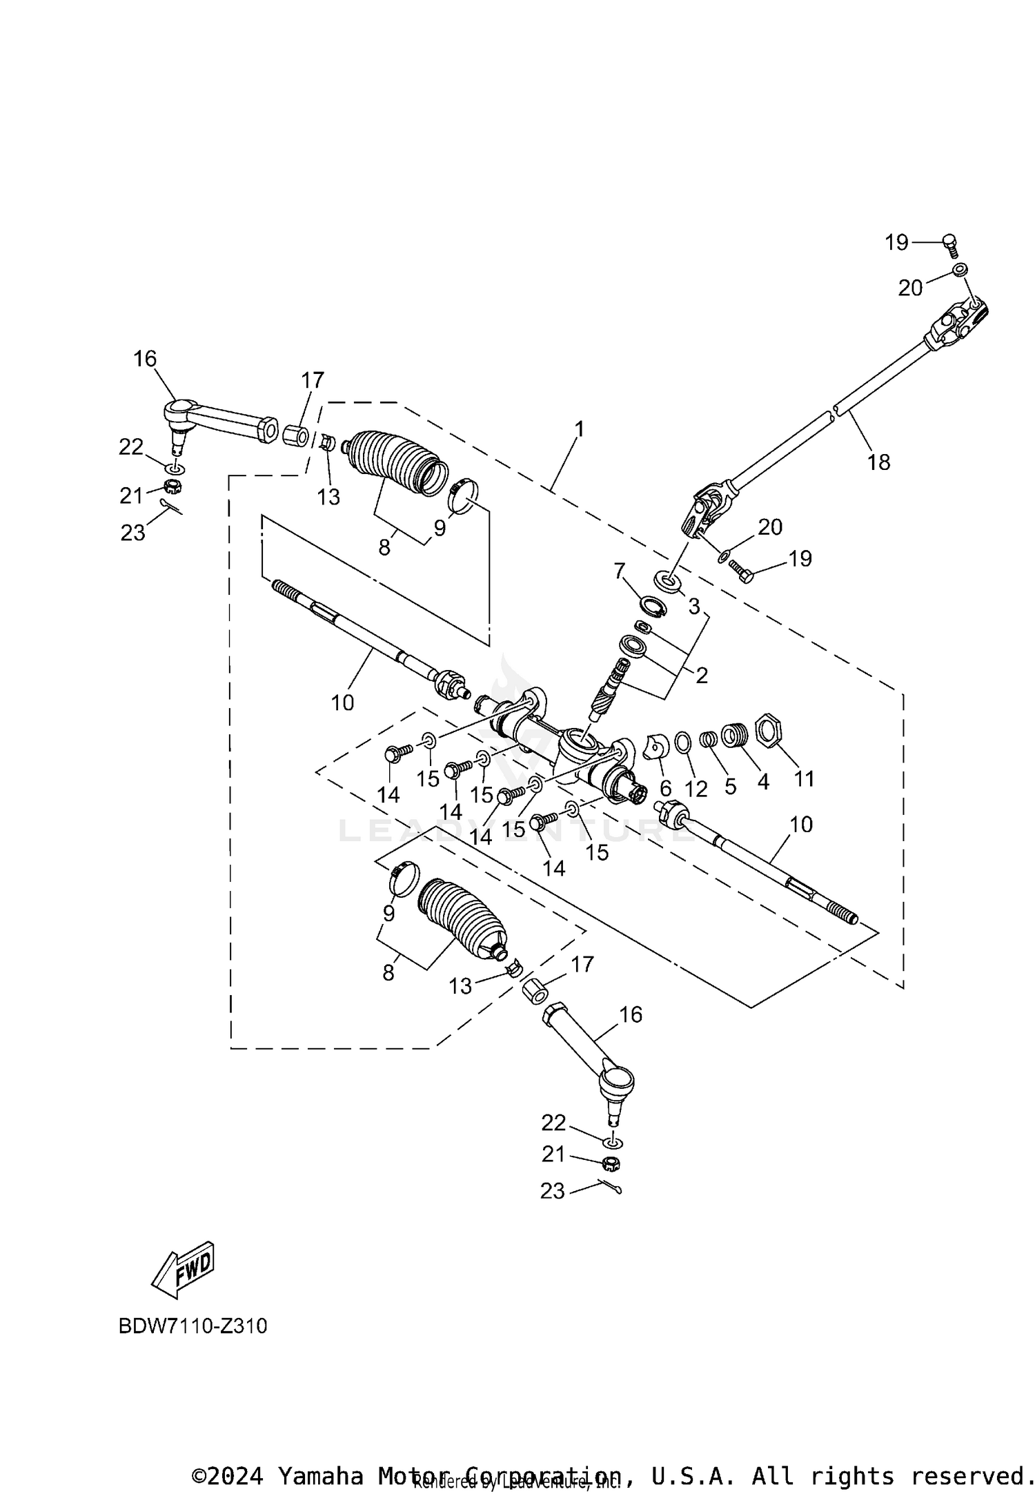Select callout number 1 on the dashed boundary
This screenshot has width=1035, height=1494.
(579, 429)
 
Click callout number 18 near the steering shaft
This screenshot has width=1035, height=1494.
(878, 462)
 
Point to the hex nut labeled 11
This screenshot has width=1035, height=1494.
(768, 729)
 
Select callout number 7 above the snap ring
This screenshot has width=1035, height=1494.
(619, 571)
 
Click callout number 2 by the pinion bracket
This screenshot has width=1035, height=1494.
(701, 675)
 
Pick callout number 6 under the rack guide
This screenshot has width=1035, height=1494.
(665, 787)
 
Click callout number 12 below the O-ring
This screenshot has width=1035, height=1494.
(696, 789)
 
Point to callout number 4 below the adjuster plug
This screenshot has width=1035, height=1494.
(762, 782)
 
